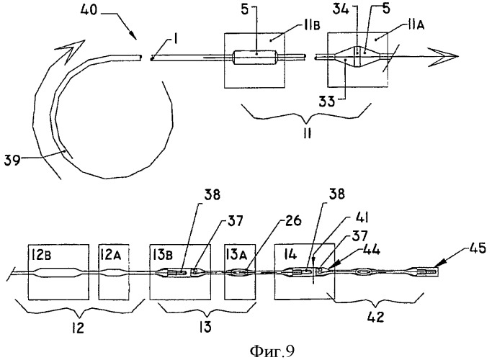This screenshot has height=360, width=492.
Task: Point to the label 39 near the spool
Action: coord(12,161)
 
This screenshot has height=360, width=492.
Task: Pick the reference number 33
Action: coord(328,102)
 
